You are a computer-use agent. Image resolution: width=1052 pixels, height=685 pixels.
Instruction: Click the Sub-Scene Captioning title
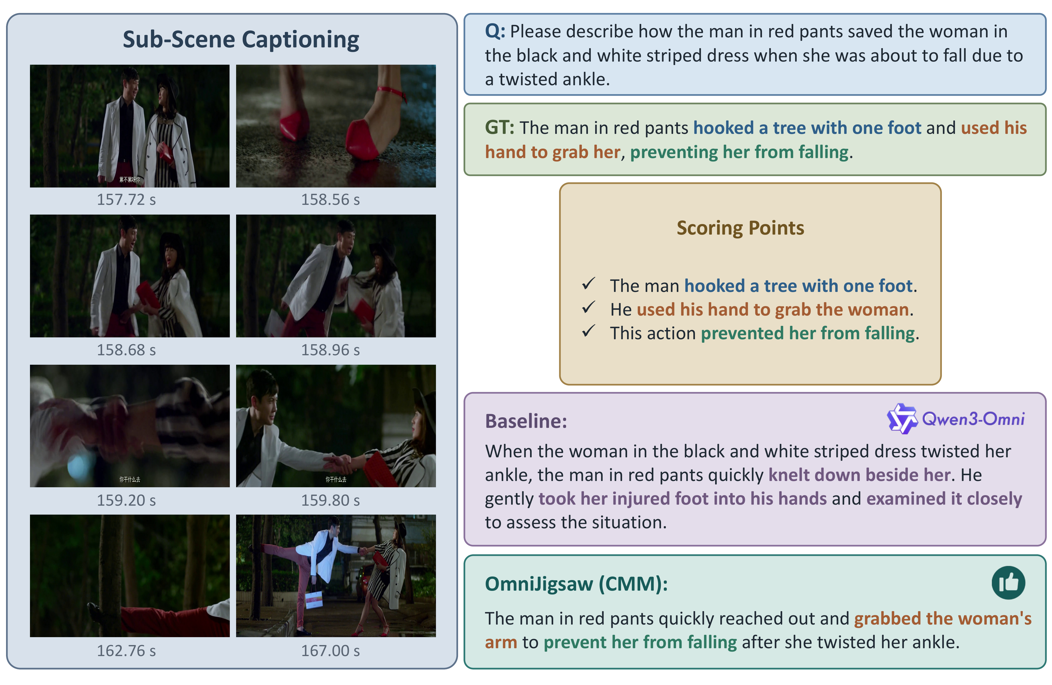(x=241, y=39)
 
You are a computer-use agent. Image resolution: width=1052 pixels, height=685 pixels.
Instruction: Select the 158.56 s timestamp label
(x=330, y=200)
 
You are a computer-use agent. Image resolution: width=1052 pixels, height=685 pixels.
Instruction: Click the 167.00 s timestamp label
(x=330, y=651)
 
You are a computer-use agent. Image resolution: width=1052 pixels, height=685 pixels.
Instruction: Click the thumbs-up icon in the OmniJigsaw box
(x=1008, y=582)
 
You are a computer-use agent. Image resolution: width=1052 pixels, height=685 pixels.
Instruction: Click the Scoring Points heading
(x=740, y=228)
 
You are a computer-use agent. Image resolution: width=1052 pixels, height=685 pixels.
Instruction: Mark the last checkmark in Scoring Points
(x=589, y=331)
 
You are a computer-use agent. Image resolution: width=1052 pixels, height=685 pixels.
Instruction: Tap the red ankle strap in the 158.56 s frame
(x=391, y=92)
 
